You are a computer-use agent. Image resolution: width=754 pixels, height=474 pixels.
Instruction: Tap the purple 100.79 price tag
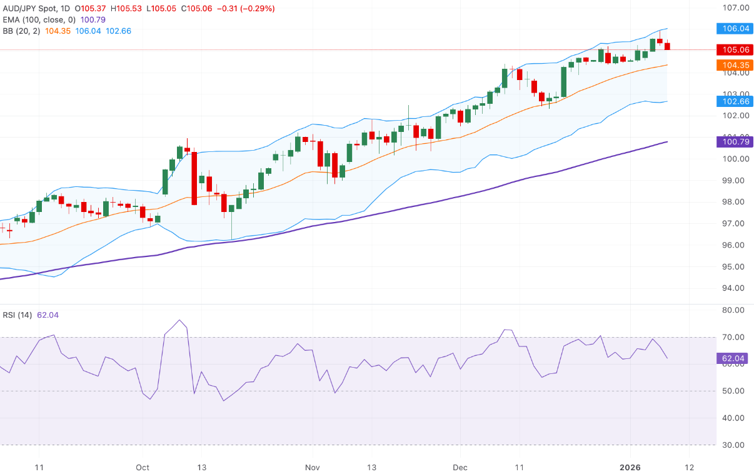coord(733,142)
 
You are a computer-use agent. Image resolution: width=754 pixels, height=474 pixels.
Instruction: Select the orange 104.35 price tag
coord(733,65)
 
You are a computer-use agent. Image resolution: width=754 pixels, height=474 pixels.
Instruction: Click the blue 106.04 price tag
coord(733,29)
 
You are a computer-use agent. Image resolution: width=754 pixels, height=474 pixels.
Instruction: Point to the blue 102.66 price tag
coord(733,101)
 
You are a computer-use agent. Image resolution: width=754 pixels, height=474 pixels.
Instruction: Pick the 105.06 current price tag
coord(733,50)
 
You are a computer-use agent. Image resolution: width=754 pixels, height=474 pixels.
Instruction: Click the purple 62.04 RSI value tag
coord(733,358)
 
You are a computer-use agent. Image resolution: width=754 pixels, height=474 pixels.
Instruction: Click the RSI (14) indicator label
coord(18,315)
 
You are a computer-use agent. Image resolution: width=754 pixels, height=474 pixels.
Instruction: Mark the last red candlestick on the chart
coord(667,46)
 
